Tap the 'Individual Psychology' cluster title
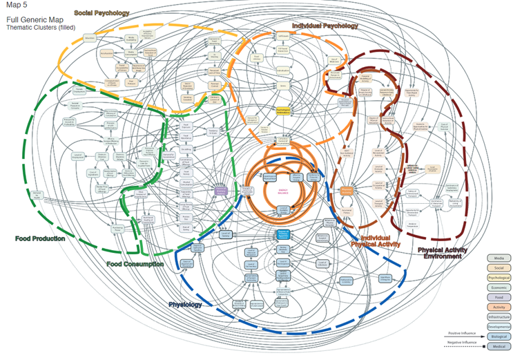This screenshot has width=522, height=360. point(325,26)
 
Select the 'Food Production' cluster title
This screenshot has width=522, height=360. point(40,238)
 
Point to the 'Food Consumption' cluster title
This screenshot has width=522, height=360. point(135,264)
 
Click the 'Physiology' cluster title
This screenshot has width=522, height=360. point(185,304)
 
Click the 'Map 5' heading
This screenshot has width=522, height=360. point(15,6)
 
